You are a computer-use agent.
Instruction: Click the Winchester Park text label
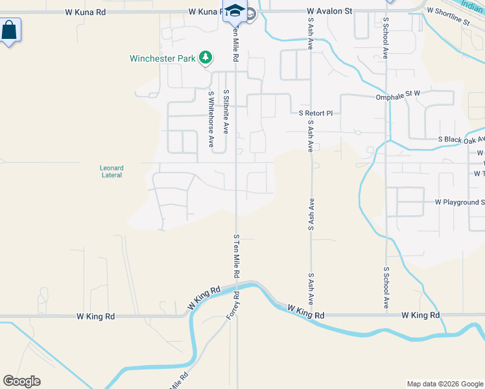coord(162,58)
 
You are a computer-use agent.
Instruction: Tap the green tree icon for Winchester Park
coord(206,58)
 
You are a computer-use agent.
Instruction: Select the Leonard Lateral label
coord(112,171)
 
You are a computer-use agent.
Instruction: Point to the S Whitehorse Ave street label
coord(211,119)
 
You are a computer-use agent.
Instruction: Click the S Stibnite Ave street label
coord(225,112)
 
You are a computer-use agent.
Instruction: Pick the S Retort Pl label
coord(315,113)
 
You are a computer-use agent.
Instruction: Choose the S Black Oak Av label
coord(461,139)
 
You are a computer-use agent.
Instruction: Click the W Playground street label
coord(460,202)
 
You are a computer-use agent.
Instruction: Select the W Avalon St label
coord(329,11)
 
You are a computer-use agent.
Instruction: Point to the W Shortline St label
coord(447,18)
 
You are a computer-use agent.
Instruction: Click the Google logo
coord(21,381)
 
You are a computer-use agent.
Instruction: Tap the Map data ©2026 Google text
coord(445,384)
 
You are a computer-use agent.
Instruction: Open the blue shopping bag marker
coord(10,30)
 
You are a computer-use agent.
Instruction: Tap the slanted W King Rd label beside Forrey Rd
coord(204,296)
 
